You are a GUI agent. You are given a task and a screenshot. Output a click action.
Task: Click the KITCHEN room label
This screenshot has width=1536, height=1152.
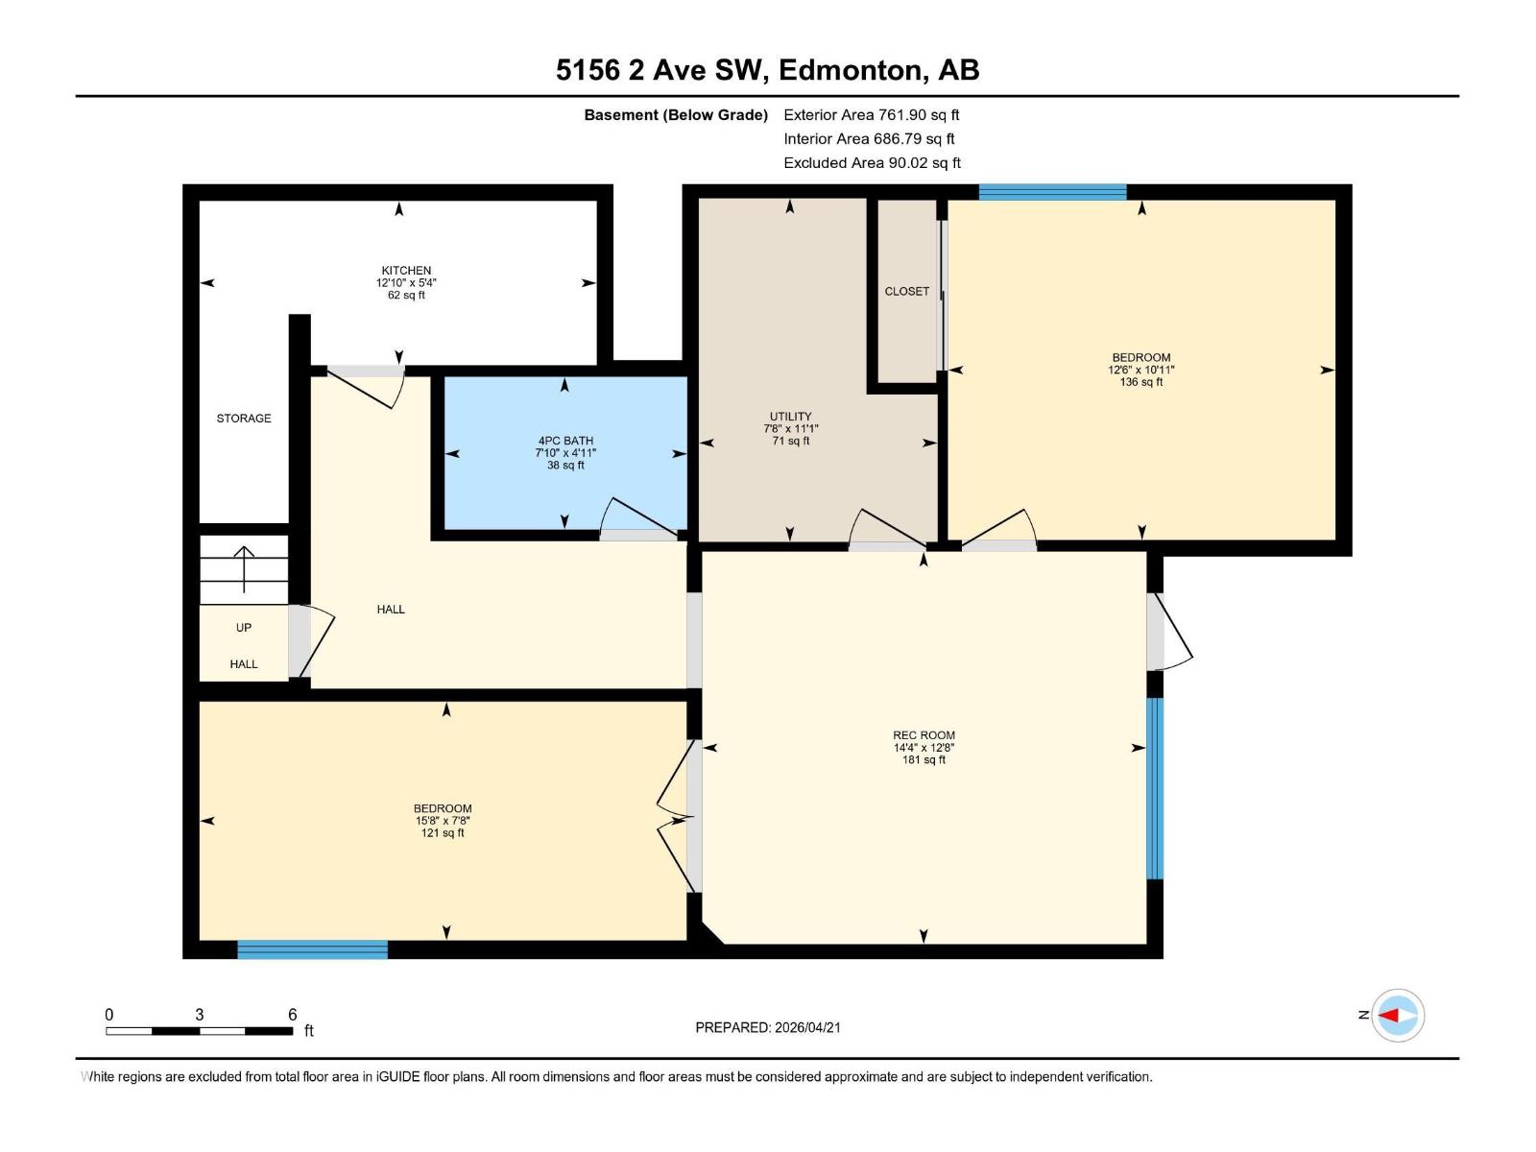click(406, 271)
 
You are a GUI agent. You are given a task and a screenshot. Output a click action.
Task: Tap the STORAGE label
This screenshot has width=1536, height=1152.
click(244, 419)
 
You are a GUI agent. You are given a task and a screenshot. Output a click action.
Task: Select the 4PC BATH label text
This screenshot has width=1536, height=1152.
click(565, 441)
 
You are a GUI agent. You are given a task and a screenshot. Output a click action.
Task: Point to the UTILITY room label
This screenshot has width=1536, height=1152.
click(790, 417)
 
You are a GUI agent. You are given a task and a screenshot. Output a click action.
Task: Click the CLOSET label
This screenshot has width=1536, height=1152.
click(907, 291)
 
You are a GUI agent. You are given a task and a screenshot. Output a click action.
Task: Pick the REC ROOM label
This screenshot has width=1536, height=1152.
click(924, 735)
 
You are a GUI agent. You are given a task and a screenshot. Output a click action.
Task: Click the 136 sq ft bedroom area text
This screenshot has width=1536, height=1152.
click(1140, 382)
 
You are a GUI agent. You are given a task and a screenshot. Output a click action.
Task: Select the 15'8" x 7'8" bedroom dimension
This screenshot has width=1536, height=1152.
click(443, 821)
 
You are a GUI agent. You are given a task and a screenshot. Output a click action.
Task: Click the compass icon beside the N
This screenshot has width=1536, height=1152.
click(1398, 1015)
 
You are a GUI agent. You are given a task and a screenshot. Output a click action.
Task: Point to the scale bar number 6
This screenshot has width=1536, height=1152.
click(293, 1015)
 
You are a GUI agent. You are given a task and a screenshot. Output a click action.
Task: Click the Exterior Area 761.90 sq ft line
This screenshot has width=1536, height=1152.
click(872, 115)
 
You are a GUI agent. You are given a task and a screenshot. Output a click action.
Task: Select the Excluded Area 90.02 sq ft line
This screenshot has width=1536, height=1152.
click(872, 163)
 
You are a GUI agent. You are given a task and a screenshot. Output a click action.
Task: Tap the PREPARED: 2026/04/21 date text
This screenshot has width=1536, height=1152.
click(768, 1027)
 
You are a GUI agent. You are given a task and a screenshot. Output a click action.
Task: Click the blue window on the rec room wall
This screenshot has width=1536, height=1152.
click(1155, 788)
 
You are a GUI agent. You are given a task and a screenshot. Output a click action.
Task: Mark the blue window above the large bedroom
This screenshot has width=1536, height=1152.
click(1052, 192)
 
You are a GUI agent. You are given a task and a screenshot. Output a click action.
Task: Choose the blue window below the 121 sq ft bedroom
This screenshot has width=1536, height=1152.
click(312, 949)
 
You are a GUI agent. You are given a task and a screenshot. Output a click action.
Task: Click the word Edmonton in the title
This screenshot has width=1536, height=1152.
click(851, 70)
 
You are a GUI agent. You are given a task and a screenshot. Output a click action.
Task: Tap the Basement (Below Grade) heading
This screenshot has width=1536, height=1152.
click(676, 115)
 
